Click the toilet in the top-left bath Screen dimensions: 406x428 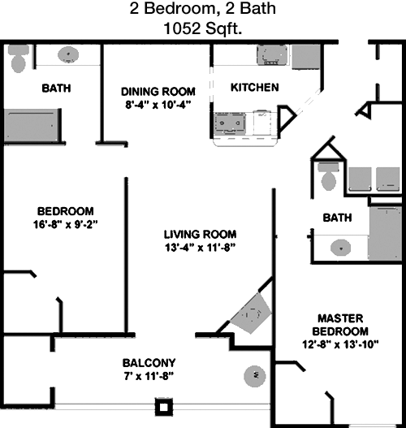coord(19,58)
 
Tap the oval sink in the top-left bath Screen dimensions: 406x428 coord(68,54)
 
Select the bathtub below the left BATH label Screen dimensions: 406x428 coord(32,125)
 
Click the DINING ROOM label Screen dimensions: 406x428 coord(158,92)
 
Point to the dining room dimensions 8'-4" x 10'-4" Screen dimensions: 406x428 coord(158,105)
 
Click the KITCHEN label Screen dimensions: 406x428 coord(255,88)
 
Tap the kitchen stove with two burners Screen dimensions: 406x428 coord(230,123)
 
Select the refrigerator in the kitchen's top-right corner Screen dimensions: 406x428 coord(306,57)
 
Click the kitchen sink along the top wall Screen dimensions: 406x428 coord(272,55)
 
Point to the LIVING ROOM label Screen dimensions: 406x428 coord(201,235)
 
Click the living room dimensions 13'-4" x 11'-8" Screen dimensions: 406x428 coord(200,248)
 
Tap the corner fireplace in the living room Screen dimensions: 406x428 coord(251,313)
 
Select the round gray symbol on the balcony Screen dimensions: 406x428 coord(255,376)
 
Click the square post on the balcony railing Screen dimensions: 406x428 coord(164,407)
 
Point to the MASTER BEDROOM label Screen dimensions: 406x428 coord(340,325)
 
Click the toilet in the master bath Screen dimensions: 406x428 coord(329,176)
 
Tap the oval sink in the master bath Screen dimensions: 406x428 coord(340,248)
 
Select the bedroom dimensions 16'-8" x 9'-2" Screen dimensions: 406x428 coord(66,225)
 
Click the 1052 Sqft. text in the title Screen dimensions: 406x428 coord(203,28)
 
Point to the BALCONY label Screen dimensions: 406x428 coord(149,363)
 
